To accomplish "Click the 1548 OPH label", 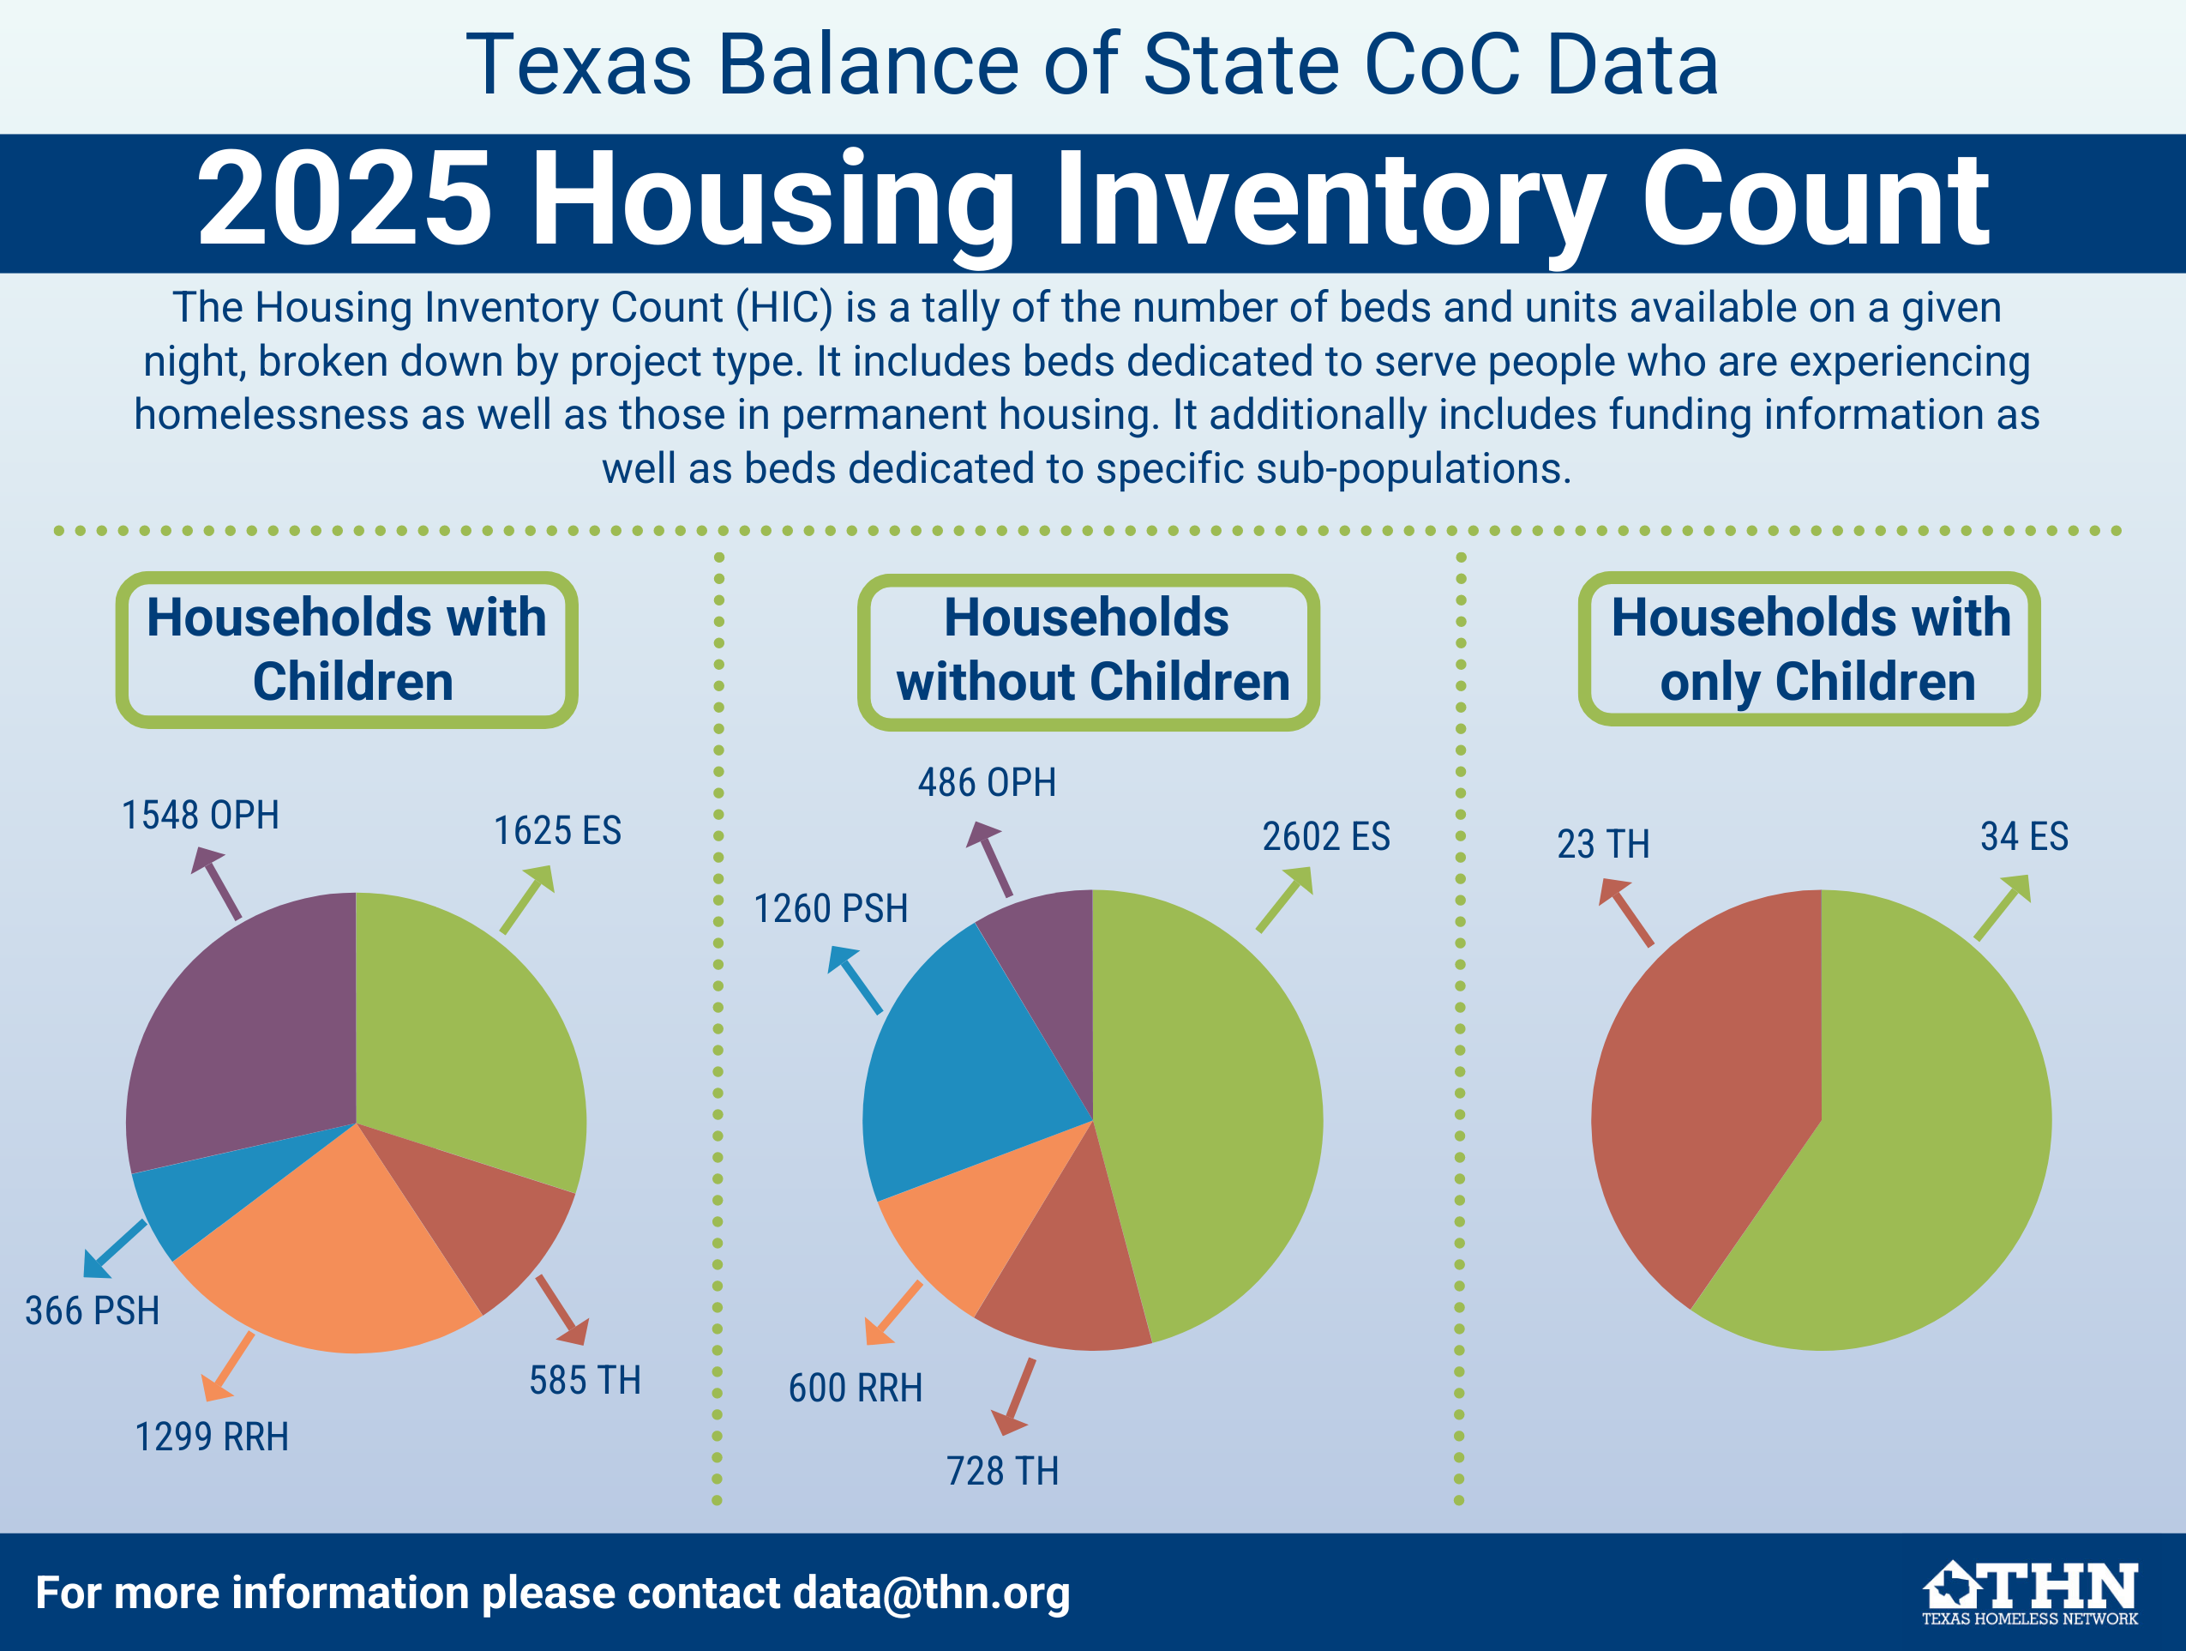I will (x=200, y=816).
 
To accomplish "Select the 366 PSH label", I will (x=92, y=1311).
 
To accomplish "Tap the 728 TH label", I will (x=1002, y=1471).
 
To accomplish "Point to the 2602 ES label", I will (x=1325, y=836).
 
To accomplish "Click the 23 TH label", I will (x=1603, y=844).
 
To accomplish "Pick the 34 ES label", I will (x=2024, y=836).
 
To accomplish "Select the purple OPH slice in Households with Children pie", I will (x=247, y=1028).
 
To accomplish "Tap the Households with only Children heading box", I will (x=1810, y=649).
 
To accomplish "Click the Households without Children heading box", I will (x=1088, y=652).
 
